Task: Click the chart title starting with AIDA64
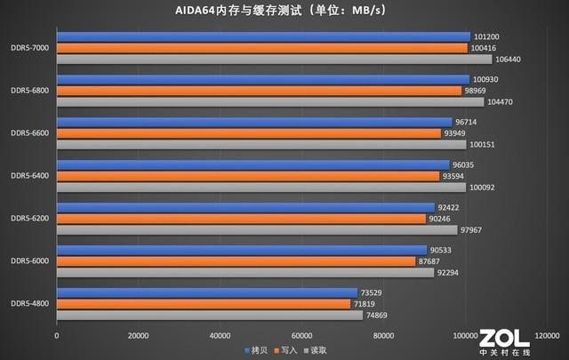(x=284, y=12)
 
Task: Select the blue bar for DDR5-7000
(x=263, y=36)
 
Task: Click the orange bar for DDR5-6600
(x=249, y=133)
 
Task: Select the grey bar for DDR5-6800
(x=270, y=101)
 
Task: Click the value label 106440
(x=509, y=60)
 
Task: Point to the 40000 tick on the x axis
(x=220, y=336)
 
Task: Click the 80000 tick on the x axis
(x=384, y=336)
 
